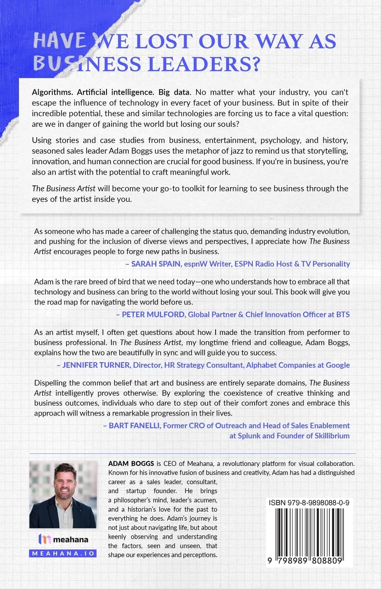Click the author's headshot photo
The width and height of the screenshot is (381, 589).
pyautogui.click(x=63, y=494)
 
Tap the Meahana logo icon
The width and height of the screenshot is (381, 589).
pyautogui.click(x=45, y=539)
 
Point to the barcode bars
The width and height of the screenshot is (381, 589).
pyautogui.click(x=309, y=532)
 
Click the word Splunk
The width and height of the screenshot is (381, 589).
pyautogui.click(x=245, y=436)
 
